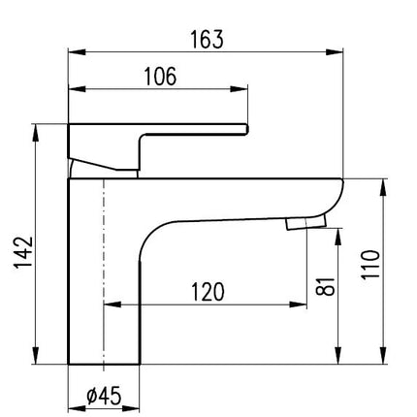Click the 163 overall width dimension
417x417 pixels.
pos(207,40)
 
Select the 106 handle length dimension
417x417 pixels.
pos(160,77)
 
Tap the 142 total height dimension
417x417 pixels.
pos(23,253)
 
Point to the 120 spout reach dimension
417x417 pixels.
pos(208,292)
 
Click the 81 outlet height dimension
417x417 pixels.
pos(325,286)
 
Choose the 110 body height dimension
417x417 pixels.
pos(370,265)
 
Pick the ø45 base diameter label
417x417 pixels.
pos(104,396)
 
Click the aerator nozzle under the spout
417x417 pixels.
pos(305,223)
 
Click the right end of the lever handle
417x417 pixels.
pos(247,129)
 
